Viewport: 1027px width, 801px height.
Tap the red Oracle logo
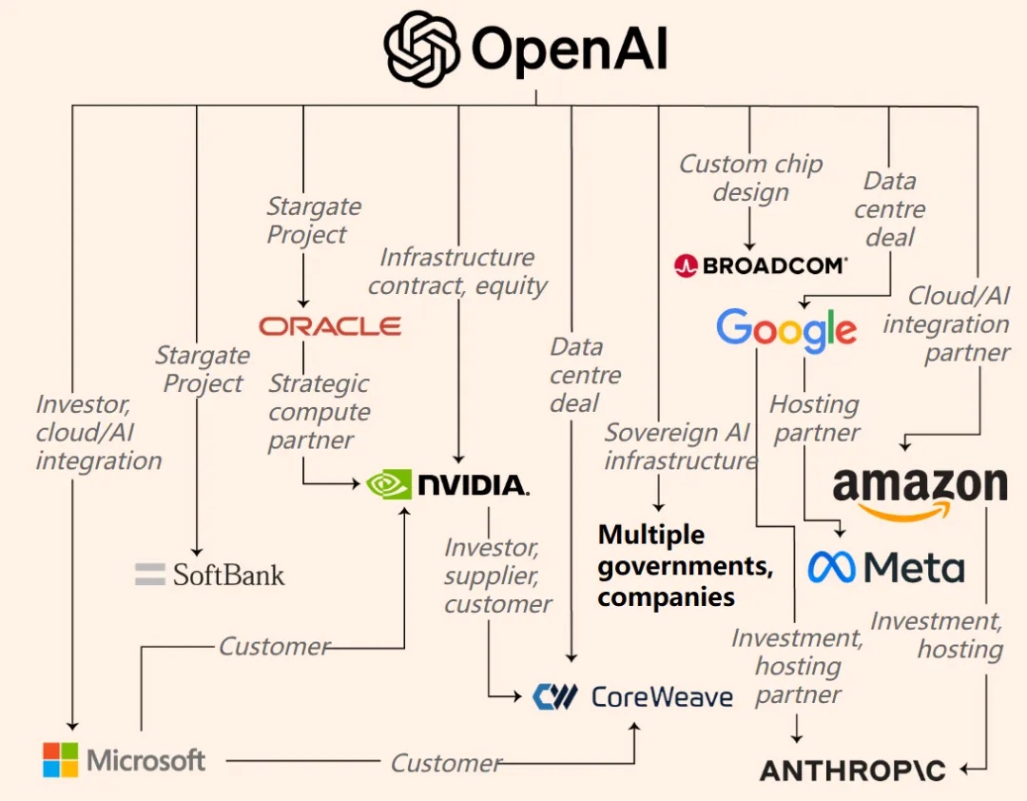[x=330, y=326]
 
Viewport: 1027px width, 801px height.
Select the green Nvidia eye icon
[x=389, y=484]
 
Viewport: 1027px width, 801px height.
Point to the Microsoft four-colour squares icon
[x=61, y=760]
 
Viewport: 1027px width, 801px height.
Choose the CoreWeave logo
[x=633, y=697]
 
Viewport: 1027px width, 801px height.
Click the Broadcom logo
[x=760, y=265]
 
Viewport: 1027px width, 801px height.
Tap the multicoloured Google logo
[x=786, y=329]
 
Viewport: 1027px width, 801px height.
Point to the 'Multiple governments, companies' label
[x=685, y=565]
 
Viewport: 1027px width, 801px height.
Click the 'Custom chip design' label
[x=750, y=178]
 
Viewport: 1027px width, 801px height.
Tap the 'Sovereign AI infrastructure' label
[x=681, y=446]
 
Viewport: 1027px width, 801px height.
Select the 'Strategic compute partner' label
[x=319, y=412]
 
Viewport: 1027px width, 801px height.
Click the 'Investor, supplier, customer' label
[x=497, y=576]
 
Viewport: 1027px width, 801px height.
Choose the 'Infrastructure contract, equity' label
[x=457, y=271]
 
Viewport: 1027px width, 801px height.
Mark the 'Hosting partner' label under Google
[x=814, y=418]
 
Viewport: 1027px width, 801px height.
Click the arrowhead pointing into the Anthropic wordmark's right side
[x=966, y=769]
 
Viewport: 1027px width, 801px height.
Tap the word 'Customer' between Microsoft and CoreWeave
[x=445, y=762]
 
